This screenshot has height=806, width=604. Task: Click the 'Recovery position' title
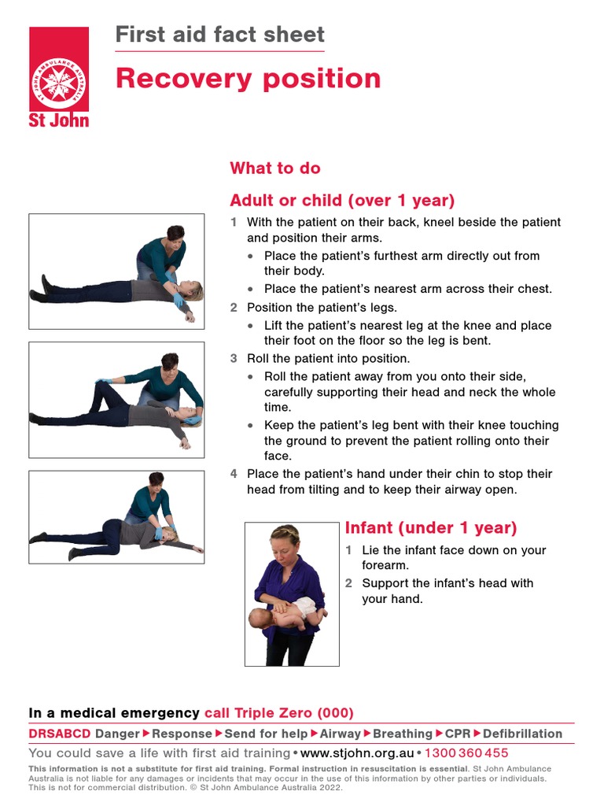248,79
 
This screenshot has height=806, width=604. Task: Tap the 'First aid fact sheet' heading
219,35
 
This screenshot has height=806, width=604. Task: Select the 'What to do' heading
274,168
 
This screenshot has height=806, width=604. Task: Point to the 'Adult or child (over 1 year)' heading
342,200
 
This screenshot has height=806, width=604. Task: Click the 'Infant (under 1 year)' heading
431,527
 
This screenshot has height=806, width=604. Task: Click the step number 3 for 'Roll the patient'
234,358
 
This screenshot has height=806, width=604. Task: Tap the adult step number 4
234,474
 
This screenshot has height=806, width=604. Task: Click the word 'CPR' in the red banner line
458,734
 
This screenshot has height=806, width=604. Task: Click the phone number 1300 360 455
466,753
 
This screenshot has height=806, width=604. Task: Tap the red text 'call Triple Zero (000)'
279,713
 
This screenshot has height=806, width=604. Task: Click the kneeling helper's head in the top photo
175,234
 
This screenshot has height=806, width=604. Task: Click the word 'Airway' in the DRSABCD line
340,734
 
